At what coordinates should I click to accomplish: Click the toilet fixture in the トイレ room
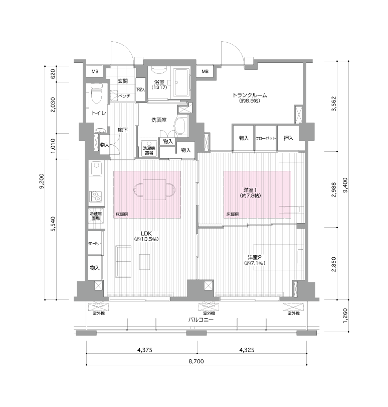tap(97, 93)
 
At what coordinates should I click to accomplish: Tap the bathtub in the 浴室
tap(181, 82)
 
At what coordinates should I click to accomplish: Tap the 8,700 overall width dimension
tap(196, 361)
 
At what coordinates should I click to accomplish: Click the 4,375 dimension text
tap(144, 350)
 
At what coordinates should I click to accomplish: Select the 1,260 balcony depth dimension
tap(345, 316)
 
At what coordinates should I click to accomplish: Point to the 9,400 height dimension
tap(345, 185)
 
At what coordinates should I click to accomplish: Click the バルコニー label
tap(201, 320)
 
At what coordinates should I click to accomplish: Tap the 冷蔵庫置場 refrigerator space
tap(96, 216)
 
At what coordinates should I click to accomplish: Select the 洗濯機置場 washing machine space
tap(149, 149)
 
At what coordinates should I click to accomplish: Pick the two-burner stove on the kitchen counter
tap(96, 196)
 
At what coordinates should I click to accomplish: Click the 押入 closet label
tap(288, 138)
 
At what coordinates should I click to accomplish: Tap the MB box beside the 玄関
tap(95, 71)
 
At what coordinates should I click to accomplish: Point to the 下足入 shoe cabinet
tap(141, 89)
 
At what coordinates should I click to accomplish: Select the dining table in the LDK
tap(154, 189)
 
